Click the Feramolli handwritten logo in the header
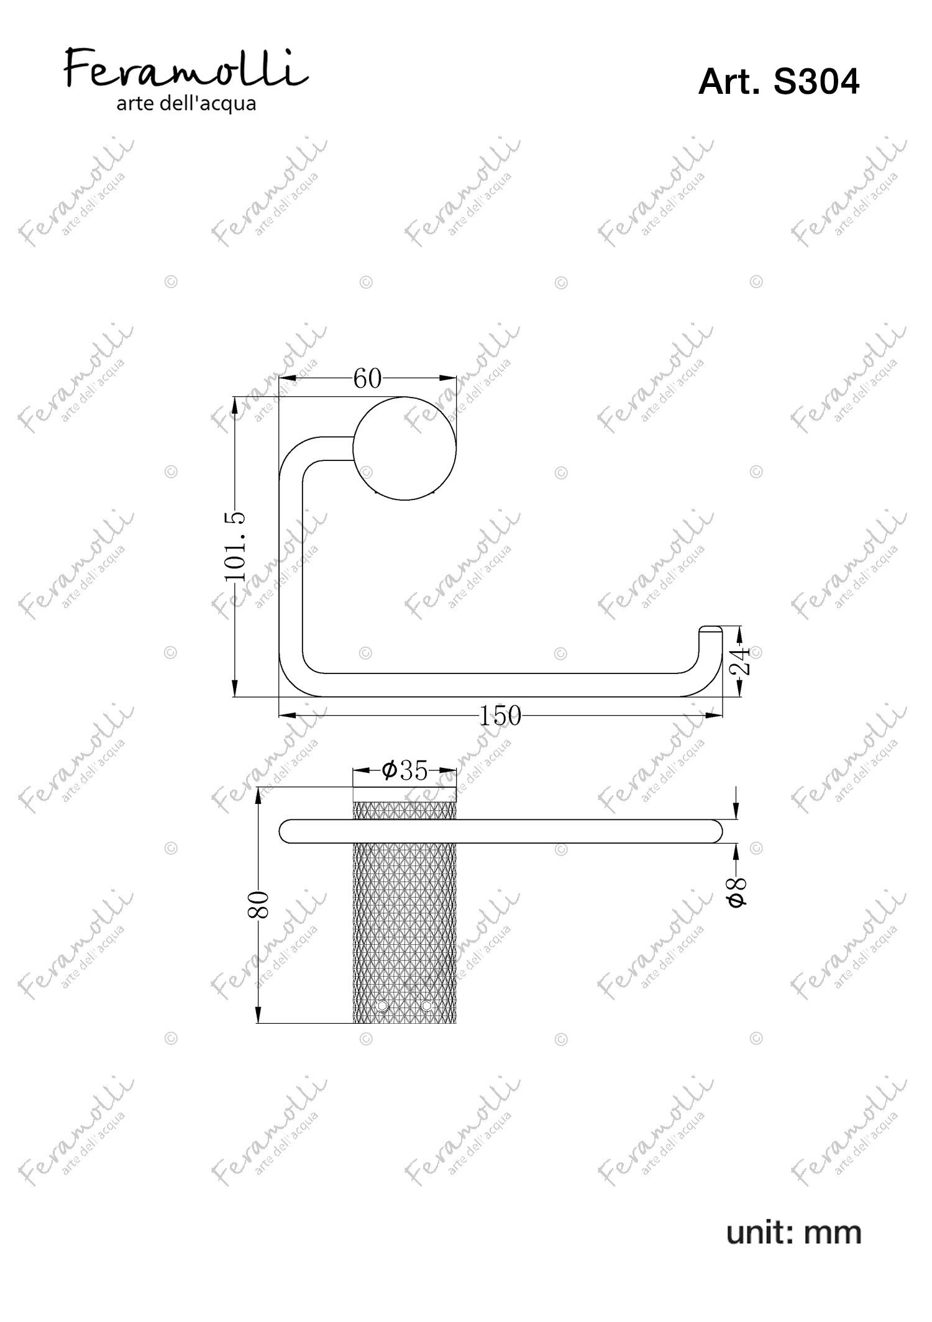pos(186,69)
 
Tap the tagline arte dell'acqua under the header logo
pos(186,103)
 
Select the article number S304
pos(816,82)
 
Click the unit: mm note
pos(793,1233)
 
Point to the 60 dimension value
pos(367,378)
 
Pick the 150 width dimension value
pos(500,716)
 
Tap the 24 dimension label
pos(740,660)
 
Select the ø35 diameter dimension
pos(405,771)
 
